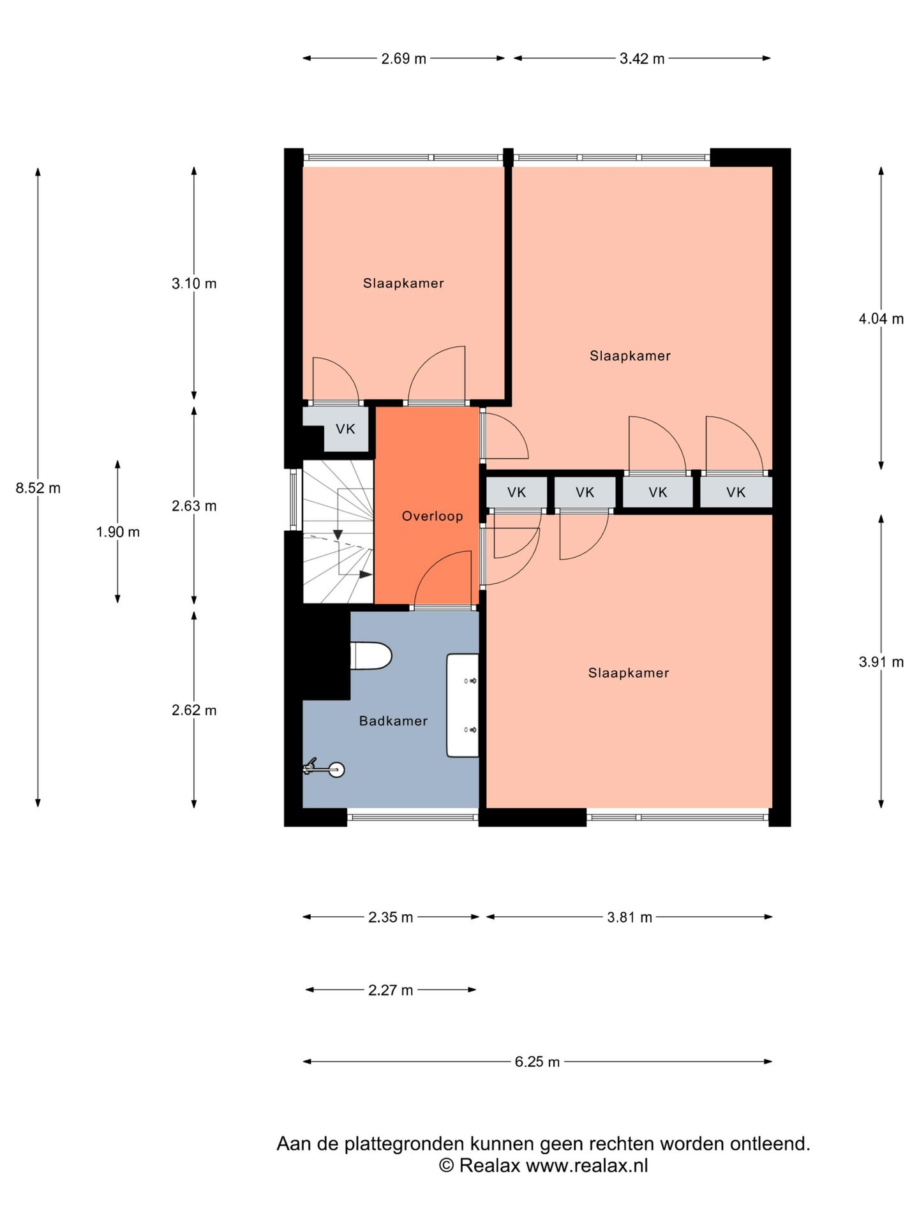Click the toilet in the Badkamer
371,656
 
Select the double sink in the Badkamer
463,705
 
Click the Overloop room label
432,516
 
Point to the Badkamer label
393,721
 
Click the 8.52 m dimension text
38,488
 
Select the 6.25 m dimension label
537,1062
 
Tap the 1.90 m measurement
118,531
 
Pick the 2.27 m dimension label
391,990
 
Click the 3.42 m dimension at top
642,59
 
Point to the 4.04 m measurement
881,318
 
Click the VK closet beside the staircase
345,429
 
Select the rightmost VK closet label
736,492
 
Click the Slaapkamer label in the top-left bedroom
403,283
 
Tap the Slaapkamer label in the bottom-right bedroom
629,672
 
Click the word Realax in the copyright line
489,1166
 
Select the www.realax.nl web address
587,1166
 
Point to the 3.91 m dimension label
881,662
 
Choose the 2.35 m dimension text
391,917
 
